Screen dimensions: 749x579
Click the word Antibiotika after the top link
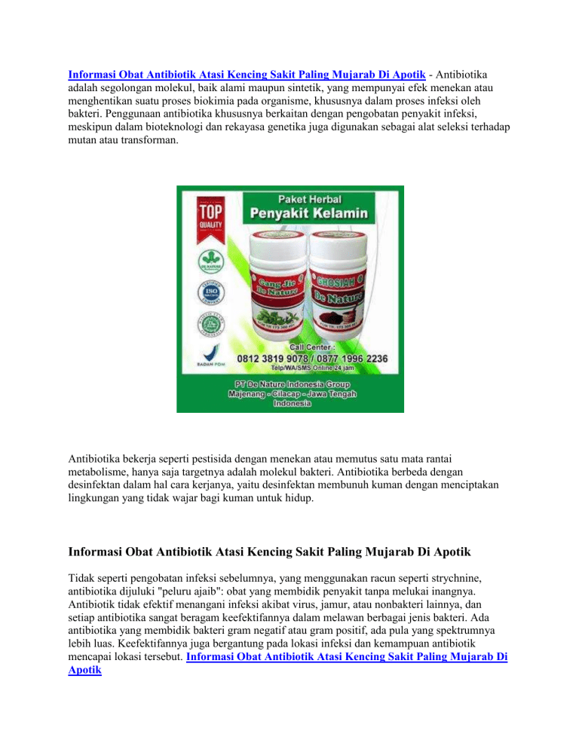(x=461, y=75)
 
